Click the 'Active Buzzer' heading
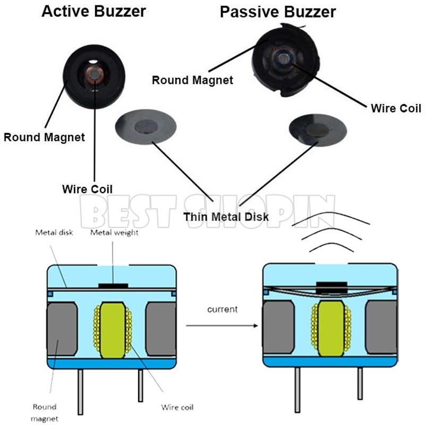tap(94, 11)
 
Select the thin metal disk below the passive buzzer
tap(317, 130)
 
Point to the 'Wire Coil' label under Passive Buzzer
tap(396, 108)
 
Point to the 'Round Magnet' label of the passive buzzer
tap(192, 80)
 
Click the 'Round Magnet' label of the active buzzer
tap(44, 138)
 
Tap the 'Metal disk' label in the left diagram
tap(53, 232)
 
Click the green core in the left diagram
tap(112, 325)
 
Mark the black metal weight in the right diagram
tap(331, 287)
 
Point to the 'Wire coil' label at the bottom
tap(177, 407)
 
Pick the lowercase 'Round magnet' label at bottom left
tap(44, 412)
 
